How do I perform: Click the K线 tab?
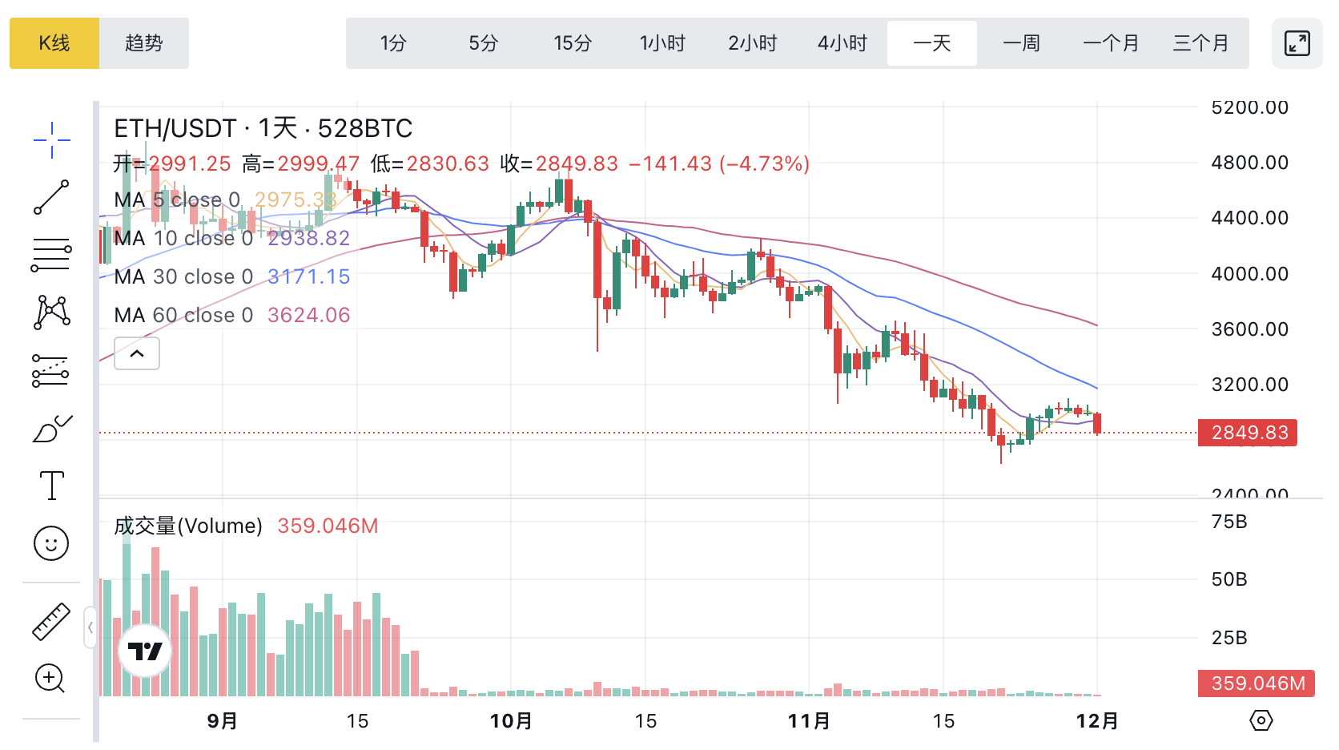tap(54, 43)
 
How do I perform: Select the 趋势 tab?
tap(144, 43)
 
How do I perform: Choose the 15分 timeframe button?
tap(573, 43)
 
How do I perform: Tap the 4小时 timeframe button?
tap(842, 43)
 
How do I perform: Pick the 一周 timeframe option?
tap(1022, 43)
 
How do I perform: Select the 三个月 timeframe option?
tap(1200, 43)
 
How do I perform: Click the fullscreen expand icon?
tap(1297, 43)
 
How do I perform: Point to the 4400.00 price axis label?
tap(1249, 218)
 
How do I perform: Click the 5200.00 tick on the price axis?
tap(1249, 107)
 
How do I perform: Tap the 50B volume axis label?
tap(1229, 579)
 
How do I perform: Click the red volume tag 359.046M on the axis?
tap(1257, 683)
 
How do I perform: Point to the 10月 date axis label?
tap(511, 721)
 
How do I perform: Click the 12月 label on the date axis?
tap(1097, 721)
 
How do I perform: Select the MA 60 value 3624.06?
tap(308, 315)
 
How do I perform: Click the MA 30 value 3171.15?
tap(308, 276)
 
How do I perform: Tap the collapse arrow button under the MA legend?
tap(137, 353)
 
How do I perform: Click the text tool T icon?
tap(52, 486)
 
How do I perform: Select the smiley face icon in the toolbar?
tap(51, 544)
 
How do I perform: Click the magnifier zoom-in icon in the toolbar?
tap(50, 679)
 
